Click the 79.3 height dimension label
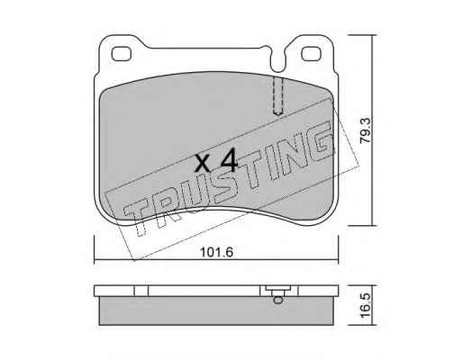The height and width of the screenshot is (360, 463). click(x=367, y=130)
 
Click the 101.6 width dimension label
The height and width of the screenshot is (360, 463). click(x=217, y=252)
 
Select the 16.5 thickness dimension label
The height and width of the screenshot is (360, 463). click(x=367, y=305)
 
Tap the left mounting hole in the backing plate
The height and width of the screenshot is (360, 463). click(x=122, y=54)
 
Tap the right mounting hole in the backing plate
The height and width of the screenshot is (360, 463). click(x=311, y=54)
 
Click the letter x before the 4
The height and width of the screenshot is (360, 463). click(x=203, y=164)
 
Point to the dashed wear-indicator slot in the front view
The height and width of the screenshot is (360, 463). click(x=277, y=96)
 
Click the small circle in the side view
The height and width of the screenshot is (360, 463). click(x=278, y=300)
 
